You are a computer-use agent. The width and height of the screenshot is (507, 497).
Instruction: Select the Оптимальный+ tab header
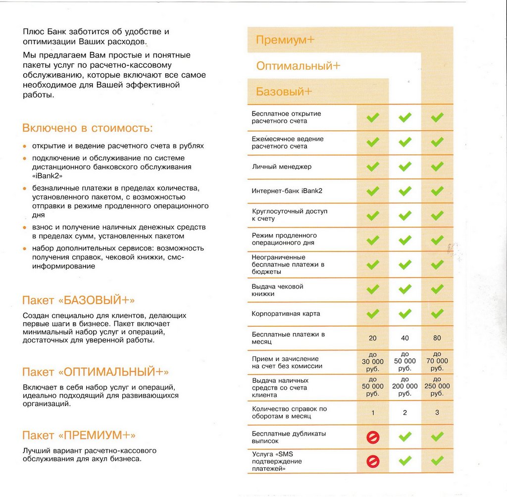click(298, 66)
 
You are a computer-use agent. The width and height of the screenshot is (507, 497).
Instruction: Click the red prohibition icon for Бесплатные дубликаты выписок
click(373, 437)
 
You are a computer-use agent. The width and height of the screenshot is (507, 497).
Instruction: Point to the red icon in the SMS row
click(373, 461)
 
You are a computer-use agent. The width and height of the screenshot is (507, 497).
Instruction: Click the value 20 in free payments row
click(373, 339)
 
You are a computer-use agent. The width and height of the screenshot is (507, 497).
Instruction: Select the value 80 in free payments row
click(437, 339)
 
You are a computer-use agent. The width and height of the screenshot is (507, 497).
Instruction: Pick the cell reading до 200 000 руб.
click(405, 387)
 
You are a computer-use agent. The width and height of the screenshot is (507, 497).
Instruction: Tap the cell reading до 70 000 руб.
click(437, 361)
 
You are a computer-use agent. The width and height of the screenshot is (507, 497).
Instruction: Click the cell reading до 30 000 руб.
click(373, 361)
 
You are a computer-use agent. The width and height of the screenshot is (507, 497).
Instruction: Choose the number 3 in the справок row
click(437, 412)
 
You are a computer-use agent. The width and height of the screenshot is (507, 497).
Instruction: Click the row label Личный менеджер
click(282, 167)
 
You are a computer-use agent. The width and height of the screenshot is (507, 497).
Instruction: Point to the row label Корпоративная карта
click(286, 314)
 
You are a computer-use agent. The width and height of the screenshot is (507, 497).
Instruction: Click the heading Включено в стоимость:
click(88, 128)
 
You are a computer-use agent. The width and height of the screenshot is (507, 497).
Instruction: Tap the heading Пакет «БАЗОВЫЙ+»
click(79, 300)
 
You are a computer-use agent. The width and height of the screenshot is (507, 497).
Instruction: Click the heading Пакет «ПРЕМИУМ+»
click(79, 435)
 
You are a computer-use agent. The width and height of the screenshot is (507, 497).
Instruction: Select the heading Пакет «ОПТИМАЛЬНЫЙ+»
click(96, 372)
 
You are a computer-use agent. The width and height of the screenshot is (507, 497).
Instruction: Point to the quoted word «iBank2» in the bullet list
click(48, 175)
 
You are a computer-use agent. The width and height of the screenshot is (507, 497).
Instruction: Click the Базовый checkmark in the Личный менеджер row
click(373, 167)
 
